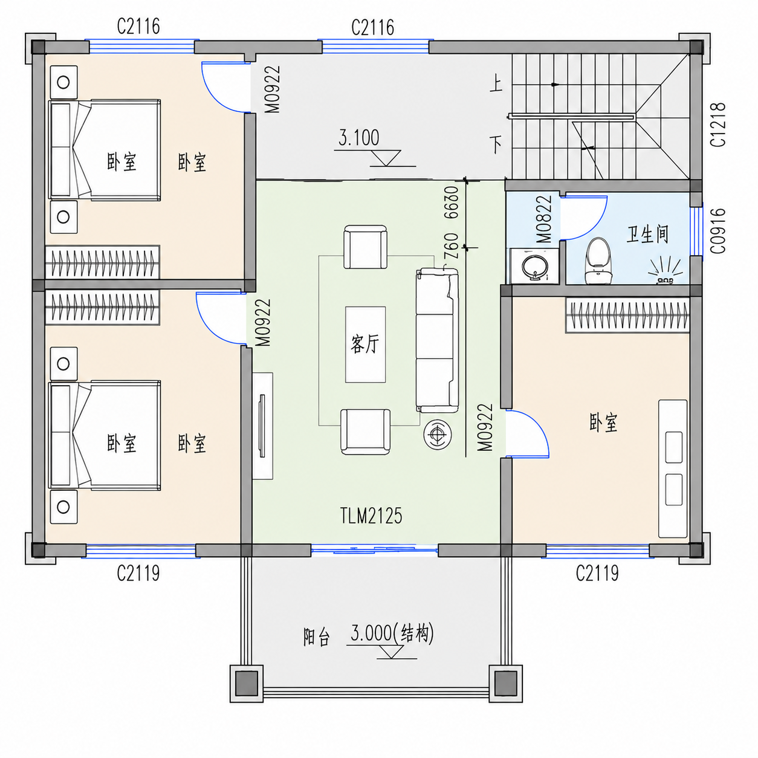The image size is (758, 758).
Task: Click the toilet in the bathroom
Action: click(598, 261)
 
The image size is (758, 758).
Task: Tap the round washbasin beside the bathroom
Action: click(534, 267)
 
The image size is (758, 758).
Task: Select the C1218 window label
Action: click(718, 125)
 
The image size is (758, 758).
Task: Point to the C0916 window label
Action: click(718, 230)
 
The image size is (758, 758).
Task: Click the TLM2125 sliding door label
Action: click(371, 516)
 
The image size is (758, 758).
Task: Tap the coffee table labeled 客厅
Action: click(365, 344)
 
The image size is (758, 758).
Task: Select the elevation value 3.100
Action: click(358, 138)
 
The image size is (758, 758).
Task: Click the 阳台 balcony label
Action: click(316, 638)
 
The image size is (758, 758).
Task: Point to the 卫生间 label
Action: click(647, 234)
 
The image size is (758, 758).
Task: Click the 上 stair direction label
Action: click(496, 84)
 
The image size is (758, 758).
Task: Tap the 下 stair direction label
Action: click(496, 144)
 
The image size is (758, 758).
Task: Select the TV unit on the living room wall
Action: click(262, 426)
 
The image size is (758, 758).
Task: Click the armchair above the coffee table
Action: click(365, 247)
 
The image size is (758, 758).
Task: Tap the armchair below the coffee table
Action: click(366, 432)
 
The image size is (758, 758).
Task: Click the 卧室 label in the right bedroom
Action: click(603, 423)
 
